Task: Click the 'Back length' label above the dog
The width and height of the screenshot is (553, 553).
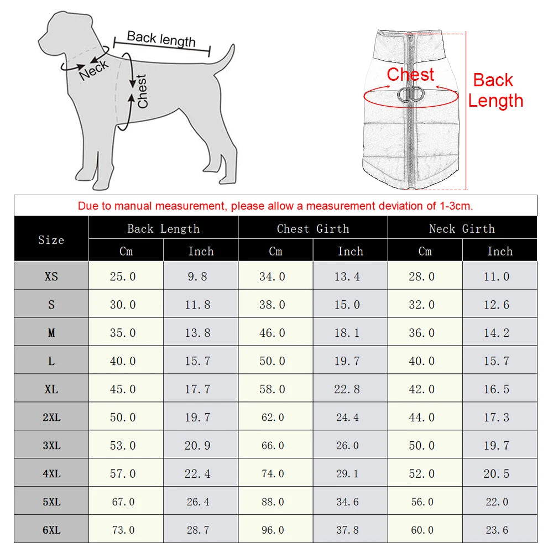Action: tap(161, 39)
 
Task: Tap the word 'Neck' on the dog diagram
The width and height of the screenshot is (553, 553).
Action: tap(94, 71)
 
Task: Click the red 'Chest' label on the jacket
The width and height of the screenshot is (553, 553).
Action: tap(410, 74)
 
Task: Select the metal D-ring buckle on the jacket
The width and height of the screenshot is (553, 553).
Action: tap(410, 95)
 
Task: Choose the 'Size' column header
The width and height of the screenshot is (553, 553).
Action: tap(51, 239)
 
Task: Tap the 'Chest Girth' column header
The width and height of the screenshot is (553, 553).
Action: tap(312, 228)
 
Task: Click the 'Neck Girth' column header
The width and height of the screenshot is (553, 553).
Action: tap(462, 228)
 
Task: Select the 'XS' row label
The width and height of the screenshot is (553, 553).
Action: tap(51, 276)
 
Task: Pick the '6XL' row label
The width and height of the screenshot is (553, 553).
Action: tap(51, 530)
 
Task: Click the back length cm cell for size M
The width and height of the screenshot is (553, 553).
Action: tap(123, 333)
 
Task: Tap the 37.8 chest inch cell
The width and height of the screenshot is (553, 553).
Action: tap(347, 530)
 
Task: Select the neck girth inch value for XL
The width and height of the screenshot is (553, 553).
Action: tap(497, 389)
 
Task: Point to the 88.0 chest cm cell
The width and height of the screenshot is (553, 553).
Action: tap(272, 502)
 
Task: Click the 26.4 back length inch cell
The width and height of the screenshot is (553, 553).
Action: tap(197, 502)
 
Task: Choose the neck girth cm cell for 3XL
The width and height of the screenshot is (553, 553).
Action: tap(422, 446)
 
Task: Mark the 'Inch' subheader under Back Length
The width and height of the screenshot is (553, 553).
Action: tap(200, 251)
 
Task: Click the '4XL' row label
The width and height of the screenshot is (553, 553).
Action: tap(51, 474)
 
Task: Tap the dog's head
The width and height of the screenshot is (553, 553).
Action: tap(66, 33)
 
